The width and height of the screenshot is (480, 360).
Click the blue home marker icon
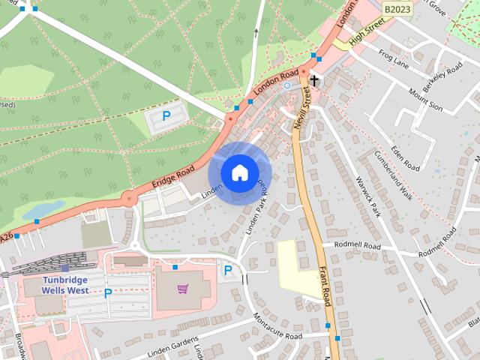(x=239, y=172)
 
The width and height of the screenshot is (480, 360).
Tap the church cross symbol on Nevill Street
(x=313, y=80)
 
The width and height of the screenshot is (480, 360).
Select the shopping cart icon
(x=182, y=289)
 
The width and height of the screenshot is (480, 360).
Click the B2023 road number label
(x=397, y=8)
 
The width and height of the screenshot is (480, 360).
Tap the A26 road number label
(x=6, y=238)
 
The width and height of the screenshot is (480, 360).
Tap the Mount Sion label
(x=424, y=98)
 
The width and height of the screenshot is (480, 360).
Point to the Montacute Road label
(x=277, y=327)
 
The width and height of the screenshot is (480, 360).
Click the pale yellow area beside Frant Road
(x=298, y=267)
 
